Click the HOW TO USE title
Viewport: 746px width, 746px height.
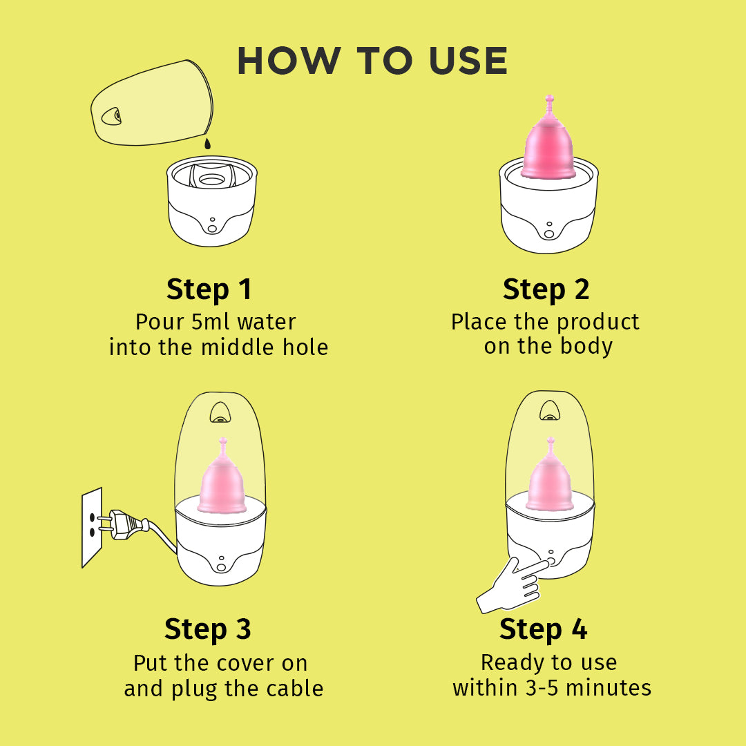pyautogui.click(x=372, y=61)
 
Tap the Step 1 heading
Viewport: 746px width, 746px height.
pyautogui.click(x=209, y=289)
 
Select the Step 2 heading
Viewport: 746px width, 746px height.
pyautogui.click(x=546, y=289)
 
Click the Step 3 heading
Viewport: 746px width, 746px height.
pyautogui.click(x=207, y=629)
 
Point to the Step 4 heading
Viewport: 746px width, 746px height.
pyautogui.click(x=544, y=629)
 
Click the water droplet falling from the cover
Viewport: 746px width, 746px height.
pyautogui.click(x=207, y=143)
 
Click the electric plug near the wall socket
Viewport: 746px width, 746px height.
pyautogui.click(x=124, y=524)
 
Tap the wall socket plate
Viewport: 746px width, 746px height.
pyautogui.click(x=92, y=527)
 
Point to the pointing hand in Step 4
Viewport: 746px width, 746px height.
pyautogui.click(x=511, y=585)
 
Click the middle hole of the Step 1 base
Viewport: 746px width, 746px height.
pyautogui.click(x=212, y=180)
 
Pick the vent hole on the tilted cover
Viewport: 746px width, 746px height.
pyautogui.click(x=113, y=116)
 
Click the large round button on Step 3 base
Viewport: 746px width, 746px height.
pyautogui.click(x=221, y=567)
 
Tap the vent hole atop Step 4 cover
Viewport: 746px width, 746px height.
pyautogui.click(x=550, y=411)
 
